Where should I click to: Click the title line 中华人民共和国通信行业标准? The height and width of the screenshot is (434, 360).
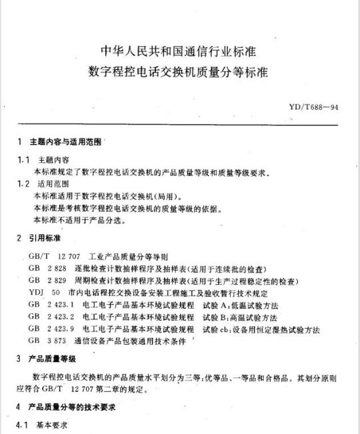click(180, 50)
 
